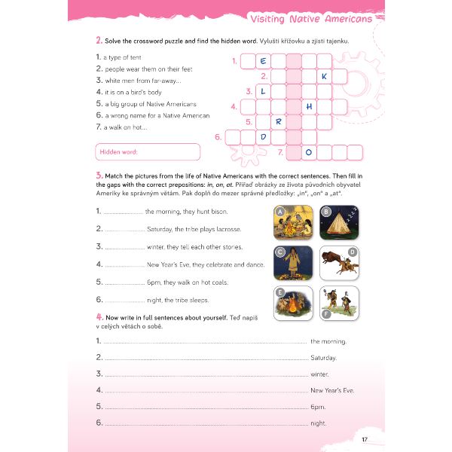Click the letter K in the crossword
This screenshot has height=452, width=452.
coord(324,76)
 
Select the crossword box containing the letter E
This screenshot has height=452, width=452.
coord(264,61)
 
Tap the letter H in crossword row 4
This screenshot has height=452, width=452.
coord(309,106)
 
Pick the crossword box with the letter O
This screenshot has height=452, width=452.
coord(309,152)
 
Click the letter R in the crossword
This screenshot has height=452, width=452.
coord(279,121)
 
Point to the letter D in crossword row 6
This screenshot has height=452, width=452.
coord(264,136)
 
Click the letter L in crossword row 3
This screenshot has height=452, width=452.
coord(264,91)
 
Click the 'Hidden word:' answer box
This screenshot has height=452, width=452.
coord(148,152)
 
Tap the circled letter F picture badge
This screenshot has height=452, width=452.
coord(325,313)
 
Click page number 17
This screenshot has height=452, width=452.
coord(365,439)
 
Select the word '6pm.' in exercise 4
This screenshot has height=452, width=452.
coord(318,407)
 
